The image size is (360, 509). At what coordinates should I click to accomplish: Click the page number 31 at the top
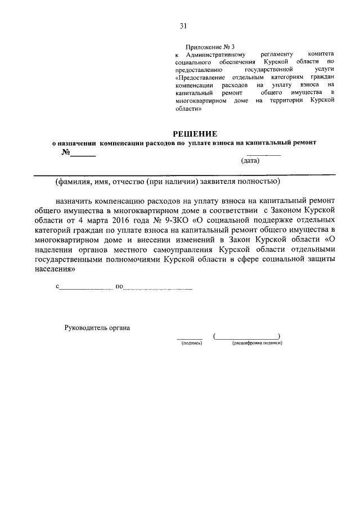[183, 26]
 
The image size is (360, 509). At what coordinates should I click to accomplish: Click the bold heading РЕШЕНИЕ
[194, 133]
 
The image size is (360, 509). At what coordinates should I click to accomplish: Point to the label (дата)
[250, 161]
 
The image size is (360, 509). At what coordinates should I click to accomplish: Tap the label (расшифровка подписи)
[256, 343]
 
